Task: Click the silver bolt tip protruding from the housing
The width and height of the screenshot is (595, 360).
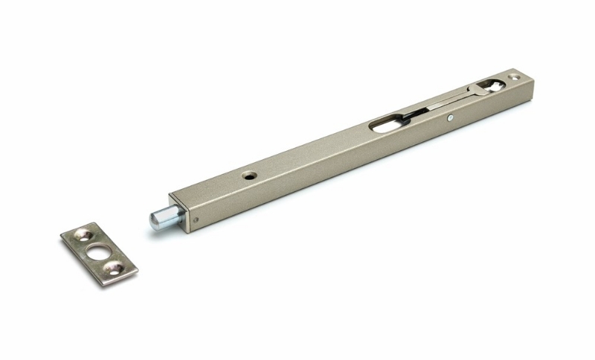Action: pyautogui.click(x=159, y=218)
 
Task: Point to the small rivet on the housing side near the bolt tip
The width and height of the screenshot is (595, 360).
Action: pyautogui.click(x=196, y=219)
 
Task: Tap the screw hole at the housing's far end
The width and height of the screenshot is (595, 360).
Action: pyautogui.click(x=512, y=77)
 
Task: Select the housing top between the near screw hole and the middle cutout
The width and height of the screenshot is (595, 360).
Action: pyautogui.click(x=312, y=152)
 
